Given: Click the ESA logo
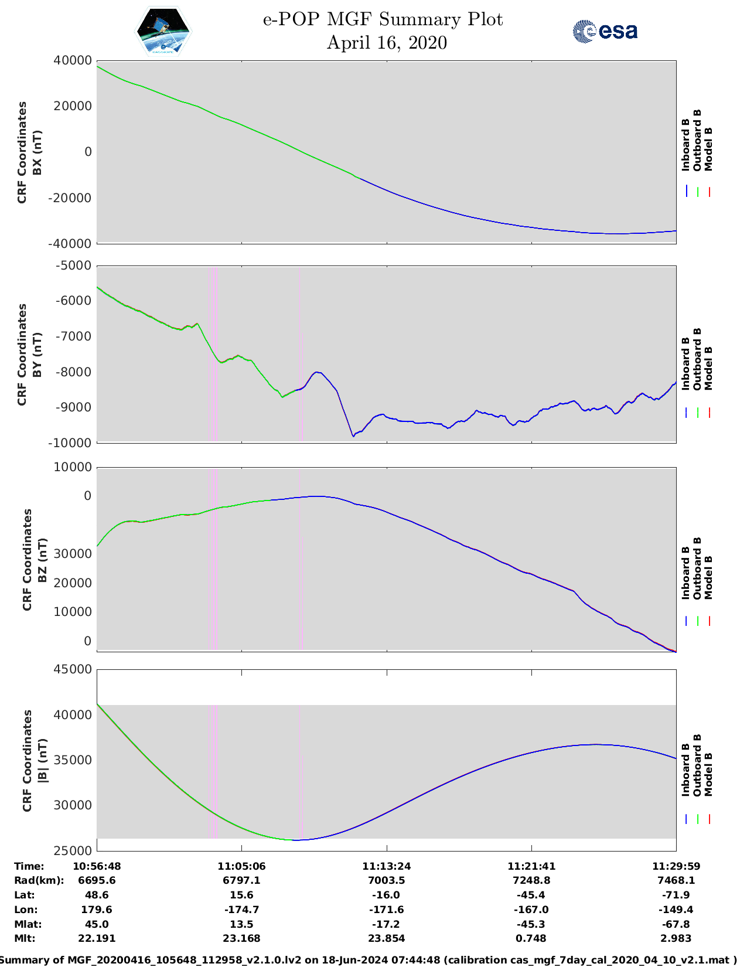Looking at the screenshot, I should [605, 31].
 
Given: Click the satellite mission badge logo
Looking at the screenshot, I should [163, 32].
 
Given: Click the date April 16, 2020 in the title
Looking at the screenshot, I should [387, 43].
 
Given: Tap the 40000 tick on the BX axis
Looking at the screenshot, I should [72, 60].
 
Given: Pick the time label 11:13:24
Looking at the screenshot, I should [386, 866].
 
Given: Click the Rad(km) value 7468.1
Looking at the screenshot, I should [676, 880].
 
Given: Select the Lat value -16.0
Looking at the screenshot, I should [386, 895].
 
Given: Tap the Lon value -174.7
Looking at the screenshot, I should [241, 910].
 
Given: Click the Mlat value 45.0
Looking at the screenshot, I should [97, 924].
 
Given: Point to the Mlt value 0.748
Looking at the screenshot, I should [531, 938].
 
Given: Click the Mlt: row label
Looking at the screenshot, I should [25, 938].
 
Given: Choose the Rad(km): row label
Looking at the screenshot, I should [39, 880].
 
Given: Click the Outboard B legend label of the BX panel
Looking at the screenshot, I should [697, 140].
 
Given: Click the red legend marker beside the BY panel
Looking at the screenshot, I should [709, 413].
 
